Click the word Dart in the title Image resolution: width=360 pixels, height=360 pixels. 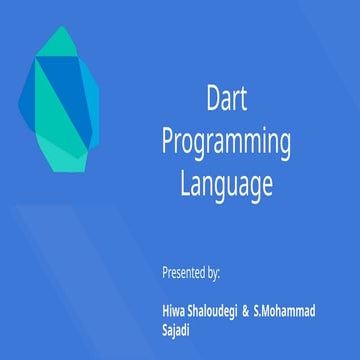tap(226, 99)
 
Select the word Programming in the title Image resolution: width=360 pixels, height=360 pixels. tap(226, 142)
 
